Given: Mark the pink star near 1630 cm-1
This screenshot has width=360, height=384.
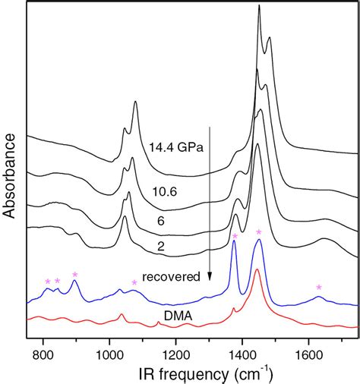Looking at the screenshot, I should [319, 287].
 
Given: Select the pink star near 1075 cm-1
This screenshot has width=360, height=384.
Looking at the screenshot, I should [134, 282].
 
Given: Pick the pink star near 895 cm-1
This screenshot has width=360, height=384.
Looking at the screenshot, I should [74, 274].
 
